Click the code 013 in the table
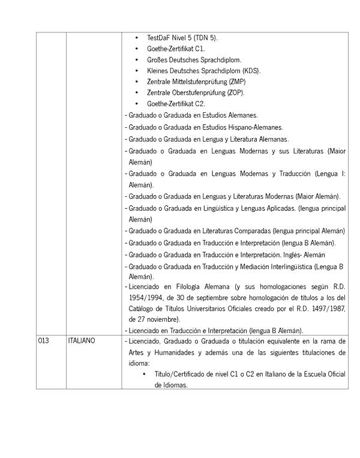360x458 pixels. (x=43, y=341)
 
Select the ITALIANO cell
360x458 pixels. (x=82, y=341)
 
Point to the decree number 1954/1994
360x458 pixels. (x=145, y=297)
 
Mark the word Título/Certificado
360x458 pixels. (x=176, y=374)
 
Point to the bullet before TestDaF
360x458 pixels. (x=137, y=38)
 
